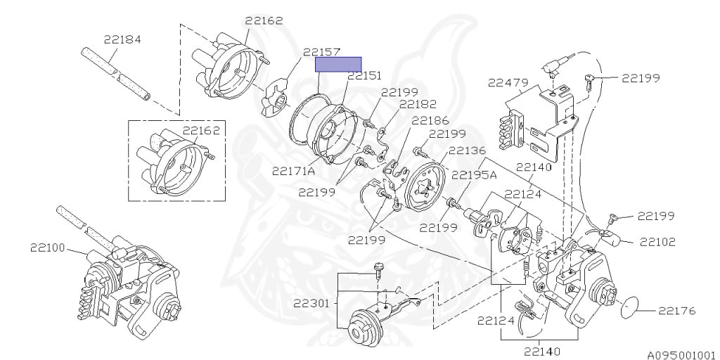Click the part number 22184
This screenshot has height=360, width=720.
coord(122,39)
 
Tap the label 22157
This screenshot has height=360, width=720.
coord(321,52)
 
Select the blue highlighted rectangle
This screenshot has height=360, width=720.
coord(337,65)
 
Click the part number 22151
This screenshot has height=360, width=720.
coord(364,75)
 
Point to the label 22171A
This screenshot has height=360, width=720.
coord(293,171)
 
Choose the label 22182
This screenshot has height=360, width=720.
coord(418,104)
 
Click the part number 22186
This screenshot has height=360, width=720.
coord(430,120)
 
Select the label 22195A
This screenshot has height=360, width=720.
coord(474,175)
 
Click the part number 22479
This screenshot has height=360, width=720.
coord(508,83)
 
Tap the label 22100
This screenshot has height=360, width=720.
coord(47,247)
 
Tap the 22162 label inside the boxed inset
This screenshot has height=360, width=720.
coord(201,130)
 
